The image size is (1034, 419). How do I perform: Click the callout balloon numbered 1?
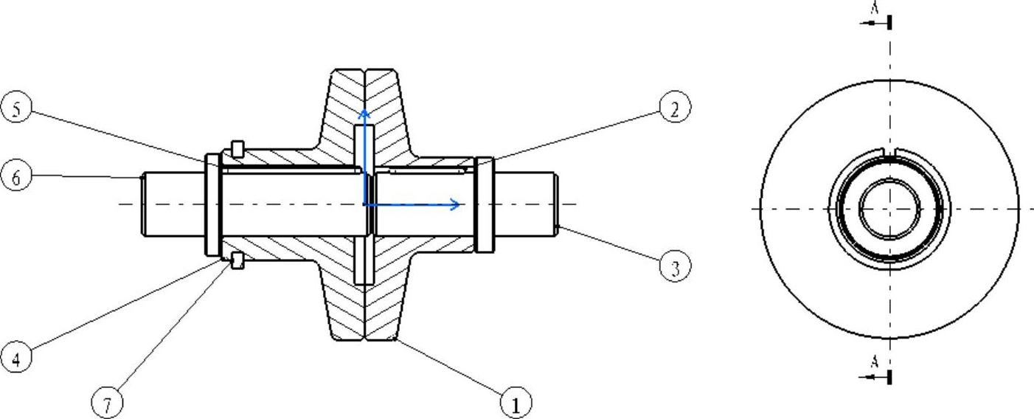516,404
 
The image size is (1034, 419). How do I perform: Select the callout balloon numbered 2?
674,108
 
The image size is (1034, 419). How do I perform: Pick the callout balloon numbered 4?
16,358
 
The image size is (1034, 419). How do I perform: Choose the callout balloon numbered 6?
16,177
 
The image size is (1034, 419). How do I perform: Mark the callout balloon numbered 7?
108,404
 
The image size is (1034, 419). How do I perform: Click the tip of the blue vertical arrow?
363,111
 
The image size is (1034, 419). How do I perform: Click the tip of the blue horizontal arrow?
460,204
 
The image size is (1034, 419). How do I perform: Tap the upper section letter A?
874,8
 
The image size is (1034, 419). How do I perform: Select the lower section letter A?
874,361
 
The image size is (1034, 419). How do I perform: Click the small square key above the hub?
237,148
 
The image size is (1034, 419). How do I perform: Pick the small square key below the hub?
237,260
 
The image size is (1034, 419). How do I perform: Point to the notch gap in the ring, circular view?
889,152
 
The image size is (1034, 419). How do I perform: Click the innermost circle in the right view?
889,209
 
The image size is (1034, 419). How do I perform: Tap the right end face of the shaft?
555,204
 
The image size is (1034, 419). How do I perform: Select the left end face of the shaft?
143,204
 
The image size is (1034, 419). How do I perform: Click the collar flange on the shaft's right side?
485,204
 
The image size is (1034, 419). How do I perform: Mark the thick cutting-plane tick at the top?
890,22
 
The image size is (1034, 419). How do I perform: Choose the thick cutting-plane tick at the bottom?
890,377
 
